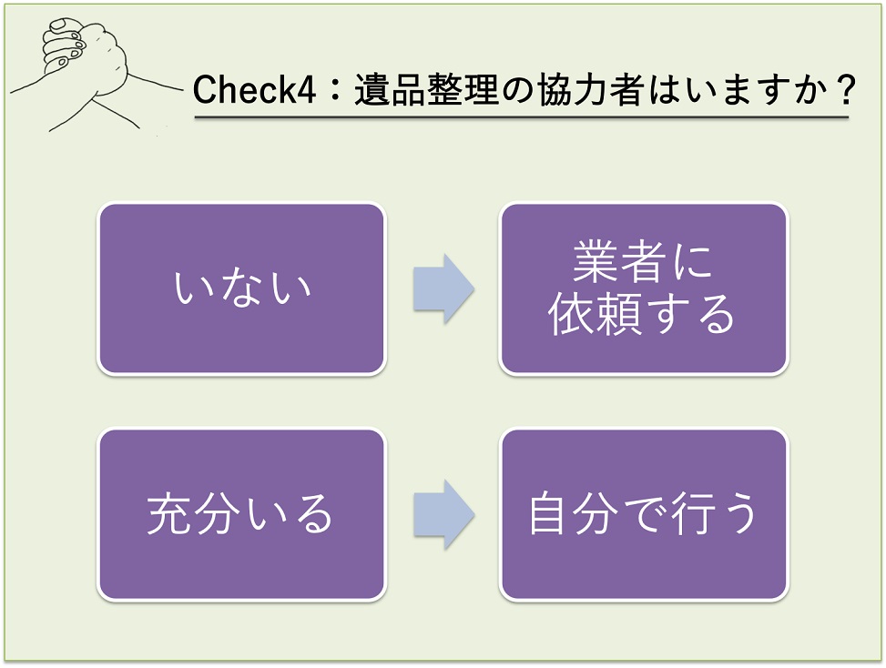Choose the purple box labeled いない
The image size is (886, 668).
pos(241,288)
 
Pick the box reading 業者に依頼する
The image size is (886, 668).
pos(643,288)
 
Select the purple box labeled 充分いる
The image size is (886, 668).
pos(241,514)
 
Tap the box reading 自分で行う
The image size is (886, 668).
pos(643,514)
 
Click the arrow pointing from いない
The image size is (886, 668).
pos(443,288)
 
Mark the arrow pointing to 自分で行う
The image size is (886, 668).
pos(443,515)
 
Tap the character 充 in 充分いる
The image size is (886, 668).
pos(169,515)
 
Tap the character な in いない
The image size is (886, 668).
pos(241,288)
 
